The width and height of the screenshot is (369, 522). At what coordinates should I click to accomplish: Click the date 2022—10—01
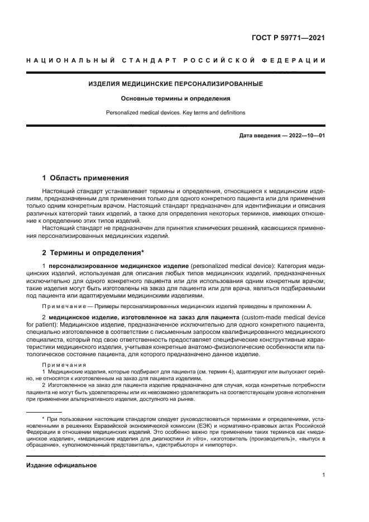tap(306, 136)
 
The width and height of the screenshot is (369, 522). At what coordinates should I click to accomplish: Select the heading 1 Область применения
tap(85, 178)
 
